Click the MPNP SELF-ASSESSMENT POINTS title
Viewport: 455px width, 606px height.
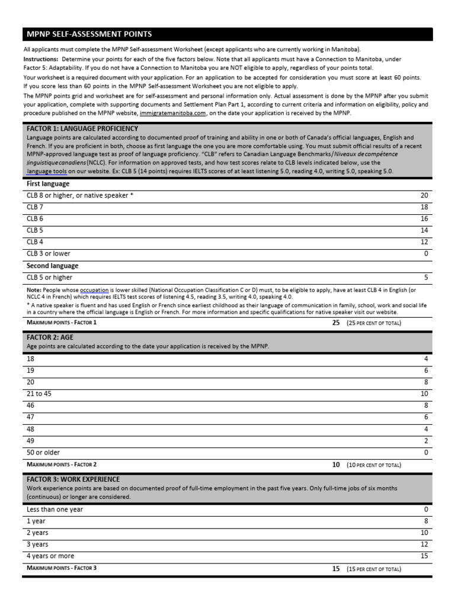[89, 34]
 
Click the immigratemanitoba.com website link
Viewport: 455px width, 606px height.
[172, 113]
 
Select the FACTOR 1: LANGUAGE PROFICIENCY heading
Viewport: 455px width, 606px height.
[82, 128]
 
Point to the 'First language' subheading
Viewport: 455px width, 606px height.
[48, 184]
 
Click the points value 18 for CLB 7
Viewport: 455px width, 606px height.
[424, 207]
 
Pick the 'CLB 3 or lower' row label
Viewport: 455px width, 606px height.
[48, 253]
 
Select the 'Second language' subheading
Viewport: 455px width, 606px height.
[52, 266]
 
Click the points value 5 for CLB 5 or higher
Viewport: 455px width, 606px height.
[425, 277]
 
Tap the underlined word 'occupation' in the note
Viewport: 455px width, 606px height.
[94, 290]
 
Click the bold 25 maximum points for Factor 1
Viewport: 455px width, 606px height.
[336, 323]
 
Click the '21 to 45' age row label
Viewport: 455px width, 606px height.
[39, 394]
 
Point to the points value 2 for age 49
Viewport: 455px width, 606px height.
[425, 440]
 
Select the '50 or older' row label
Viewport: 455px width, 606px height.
[43, 452]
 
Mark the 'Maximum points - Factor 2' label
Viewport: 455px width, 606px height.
[62, 465]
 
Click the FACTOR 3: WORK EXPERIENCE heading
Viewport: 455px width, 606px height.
[73, 479]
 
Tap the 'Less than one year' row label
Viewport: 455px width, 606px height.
[55, 509]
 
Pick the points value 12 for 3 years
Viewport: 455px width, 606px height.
[424, 544]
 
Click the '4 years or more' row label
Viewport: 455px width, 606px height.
[50, 556]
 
